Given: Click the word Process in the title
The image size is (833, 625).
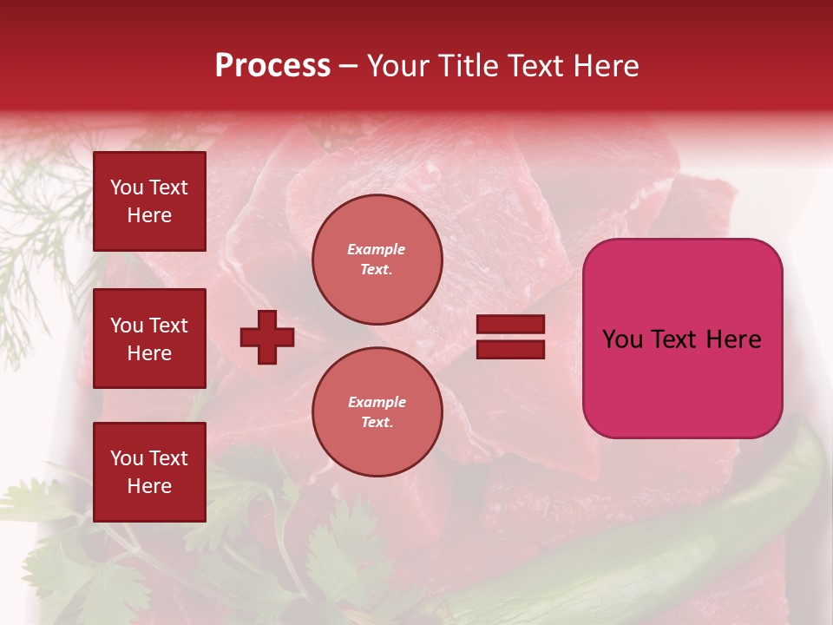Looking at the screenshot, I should (272, 66).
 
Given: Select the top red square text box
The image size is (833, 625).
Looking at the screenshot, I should (149, 201).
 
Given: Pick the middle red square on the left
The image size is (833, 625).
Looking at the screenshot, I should (149, 339).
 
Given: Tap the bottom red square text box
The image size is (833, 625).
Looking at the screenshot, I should (149, 472).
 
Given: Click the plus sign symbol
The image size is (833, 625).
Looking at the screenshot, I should (267, 337).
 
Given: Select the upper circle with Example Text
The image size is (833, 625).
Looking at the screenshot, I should (377, 260).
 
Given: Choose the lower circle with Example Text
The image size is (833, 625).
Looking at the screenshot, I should (377, 412).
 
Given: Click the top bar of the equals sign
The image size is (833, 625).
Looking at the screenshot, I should (511, 325).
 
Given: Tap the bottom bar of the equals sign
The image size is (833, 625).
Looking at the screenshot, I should (511, 350).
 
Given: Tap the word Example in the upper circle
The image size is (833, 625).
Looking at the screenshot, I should (377, 249).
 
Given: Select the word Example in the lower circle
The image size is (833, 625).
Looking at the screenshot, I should (377, 402).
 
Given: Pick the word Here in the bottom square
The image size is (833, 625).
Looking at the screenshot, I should (149, 486).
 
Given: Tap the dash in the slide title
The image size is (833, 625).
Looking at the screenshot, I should (349, 66).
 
